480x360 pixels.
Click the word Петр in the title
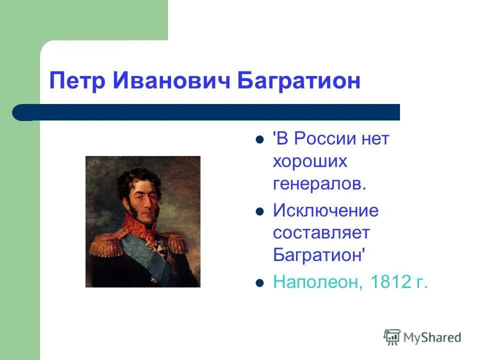coord(77,81)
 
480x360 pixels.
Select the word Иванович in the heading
coord(171,80)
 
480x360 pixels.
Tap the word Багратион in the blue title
coord(299,81)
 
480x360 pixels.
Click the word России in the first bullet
coord(325,138)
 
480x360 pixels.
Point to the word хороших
coord(310,161)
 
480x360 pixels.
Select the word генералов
coord(319,183)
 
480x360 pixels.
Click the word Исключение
coord(325,210)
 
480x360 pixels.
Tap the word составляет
coord(321,232)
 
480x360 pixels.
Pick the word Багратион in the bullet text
coord(319,254)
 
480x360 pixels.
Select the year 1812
coord(390,281)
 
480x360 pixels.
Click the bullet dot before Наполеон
coord(259,283)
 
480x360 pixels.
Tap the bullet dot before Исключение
coord(259,211)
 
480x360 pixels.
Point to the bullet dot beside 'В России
coord(259,140)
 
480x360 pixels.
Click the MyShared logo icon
coord(392,337)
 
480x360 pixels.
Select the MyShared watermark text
coord(432,337)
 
